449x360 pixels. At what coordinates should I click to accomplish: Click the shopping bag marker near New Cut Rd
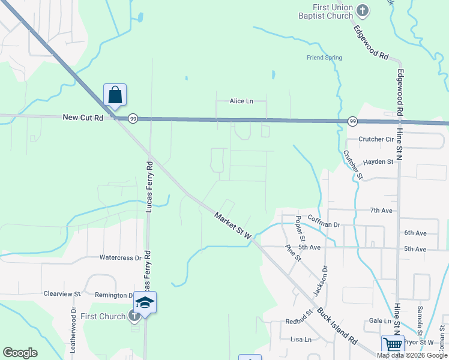[115, 95]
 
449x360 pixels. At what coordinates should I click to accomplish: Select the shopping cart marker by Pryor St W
[392, 344]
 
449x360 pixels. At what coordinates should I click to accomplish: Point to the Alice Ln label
[241, 101]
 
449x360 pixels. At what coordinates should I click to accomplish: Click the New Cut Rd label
[83, 118]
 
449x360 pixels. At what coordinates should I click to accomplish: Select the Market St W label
[233, 226]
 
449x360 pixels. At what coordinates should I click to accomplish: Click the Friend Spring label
[324, 58]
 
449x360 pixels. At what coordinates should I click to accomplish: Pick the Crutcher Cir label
[375, 139]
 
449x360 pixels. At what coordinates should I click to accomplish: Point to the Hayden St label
[378, 161]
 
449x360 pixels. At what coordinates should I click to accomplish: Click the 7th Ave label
[381, 211]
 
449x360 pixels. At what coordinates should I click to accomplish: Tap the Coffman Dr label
[324, 224]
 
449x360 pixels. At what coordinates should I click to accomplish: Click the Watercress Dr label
[120, 257]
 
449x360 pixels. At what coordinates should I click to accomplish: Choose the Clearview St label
[62, 294]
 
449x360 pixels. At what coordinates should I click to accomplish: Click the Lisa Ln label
[301, 339]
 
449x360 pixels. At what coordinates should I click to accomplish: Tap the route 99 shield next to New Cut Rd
[133, 119]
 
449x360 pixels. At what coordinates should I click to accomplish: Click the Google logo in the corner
[20, 353]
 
